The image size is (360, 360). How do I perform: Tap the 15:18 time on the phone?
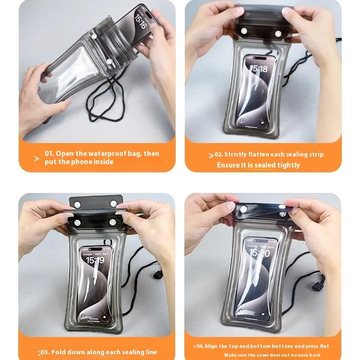point(259,69)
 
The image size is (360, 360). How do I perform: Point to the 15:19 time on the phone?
point(95,260)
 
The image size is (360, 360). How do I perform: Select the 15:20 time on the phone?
point(259,253)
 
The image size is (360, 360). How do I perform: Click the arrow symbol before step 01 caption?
point(36,158)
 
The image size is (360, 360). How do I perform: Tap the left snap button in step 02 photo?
point(244,31)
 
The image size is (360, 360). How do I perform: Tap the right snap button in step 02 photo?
point(278,33)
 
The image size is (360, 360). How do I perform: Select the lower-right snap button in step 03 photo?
point(113,222)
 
